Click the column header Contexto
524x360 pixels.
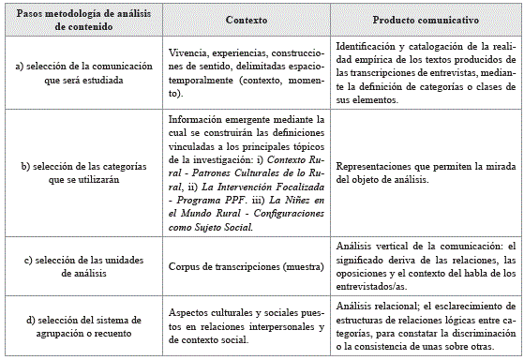click(246, 20)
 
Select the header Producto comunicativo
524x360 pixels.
click(421, 20)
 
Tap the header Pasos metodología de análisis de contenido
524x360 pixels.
click(84, 20)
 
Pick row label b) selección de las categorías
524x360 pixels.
click(84, 173)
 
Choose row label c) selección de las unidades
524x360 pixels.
click(84, 265)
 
